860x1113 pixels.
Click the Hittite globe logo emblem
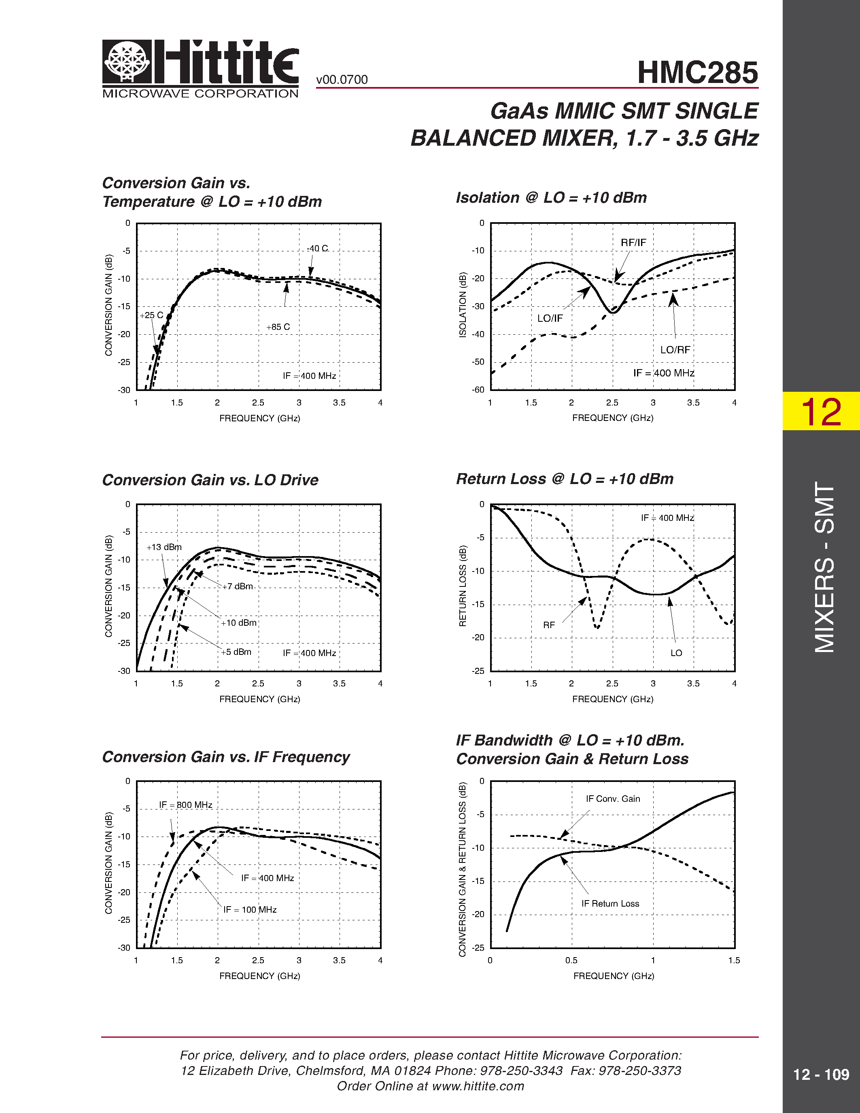127,61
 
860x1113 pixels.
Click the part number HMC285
697,72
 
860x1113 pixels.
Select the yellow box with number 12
820,411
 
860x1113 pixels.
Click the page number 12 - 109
820,1074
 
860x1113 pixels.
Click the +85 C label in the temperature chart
278,327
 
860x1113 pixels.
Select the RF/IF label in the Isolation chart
633,242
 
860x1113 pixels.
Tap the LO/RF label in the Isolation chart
675,350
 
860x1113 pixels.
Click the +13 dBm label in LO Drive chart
164,547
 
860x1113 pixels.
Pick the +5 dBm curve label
236,652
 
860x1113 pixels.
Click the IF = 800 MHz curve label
185,805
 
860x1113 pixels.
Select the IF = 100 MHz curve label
250,910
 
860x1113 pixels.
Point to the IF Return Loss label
610,903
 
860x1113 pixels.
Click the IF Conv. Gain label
612,799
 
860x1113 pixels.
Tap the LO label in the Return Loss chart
676,653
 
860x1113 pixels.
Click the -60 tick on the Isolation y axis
478,390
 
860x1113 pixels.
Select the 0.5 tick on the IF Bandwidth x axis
571,960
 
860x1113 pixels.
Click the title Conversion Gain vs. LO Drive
210,480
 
